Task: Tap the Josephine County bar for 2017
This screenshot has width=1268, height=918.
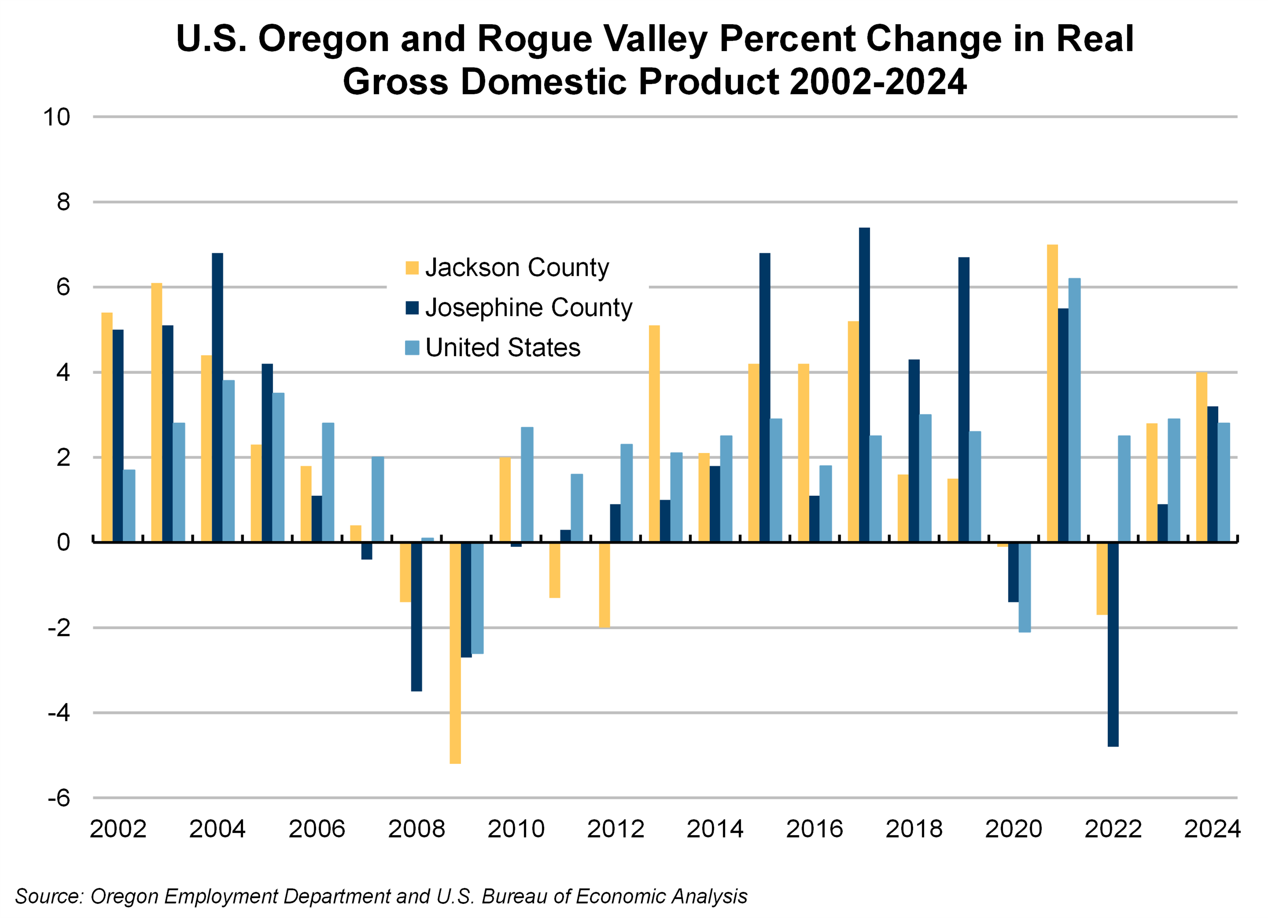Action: (864, 385)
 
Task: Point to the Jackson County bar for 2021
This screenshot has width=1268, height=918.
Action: (1052, 393)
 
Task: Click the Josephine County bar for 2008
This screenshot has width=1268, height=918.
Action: (416, 617)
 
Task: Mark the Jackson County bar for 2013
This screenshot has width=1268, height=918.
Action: (654, 433)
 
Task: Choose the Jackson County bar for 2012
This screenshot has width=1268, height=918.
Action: (604, 585)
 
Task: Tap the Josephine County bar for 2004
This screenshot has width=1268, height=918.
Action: (218, 397)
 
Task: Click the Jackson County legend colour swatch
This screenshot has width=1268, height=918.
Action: (412, 268)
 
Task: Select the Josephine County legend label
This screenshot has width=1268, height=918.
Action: (528, 307)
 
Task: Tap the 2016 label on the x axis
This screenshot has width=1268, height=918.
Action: (814, 828)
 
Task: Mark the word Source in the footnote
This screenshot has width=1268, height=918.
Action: (48, 896)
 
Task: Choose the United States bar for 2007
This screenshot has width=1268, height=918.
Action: (378, 499)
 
